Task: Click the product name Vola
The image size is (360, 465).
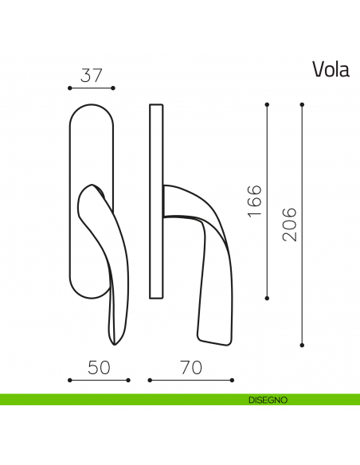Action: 331,70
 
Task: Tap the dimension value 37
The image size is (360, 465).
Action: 92,76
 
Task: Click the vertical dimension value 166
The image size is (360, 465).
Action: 254,201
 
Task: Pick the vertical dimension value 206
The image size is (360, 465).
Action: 290,225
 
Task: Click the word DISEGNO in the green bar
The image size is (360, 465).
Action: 267,400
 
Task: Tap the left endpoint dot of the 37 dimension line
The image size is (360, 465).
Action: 70,88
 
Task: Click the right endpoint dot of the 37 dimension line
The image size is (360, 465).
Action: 114,88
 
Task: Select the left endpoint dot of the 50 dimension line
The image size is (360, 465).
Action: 70,380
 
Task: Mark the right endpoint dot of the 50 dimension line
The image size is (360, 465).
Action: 129,380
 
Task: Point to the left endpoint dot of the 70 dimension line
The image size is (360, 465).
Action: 150,380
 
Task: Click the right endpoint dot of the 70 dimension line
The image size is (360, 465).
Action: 233,380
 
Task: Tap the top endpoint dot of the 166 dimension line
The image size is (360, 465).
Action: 267,104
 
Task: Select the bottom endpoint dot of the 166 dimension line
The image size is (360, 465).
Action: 267,298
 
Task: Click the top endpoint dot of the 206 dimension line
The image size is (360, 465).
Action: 303,104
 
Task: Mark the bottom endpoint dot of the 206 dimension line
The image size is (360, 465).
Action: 303,345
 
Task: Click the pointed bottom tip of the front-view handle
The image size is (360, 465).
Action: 116,344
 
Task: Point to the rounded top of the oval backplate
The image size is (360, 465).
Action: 92,105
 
